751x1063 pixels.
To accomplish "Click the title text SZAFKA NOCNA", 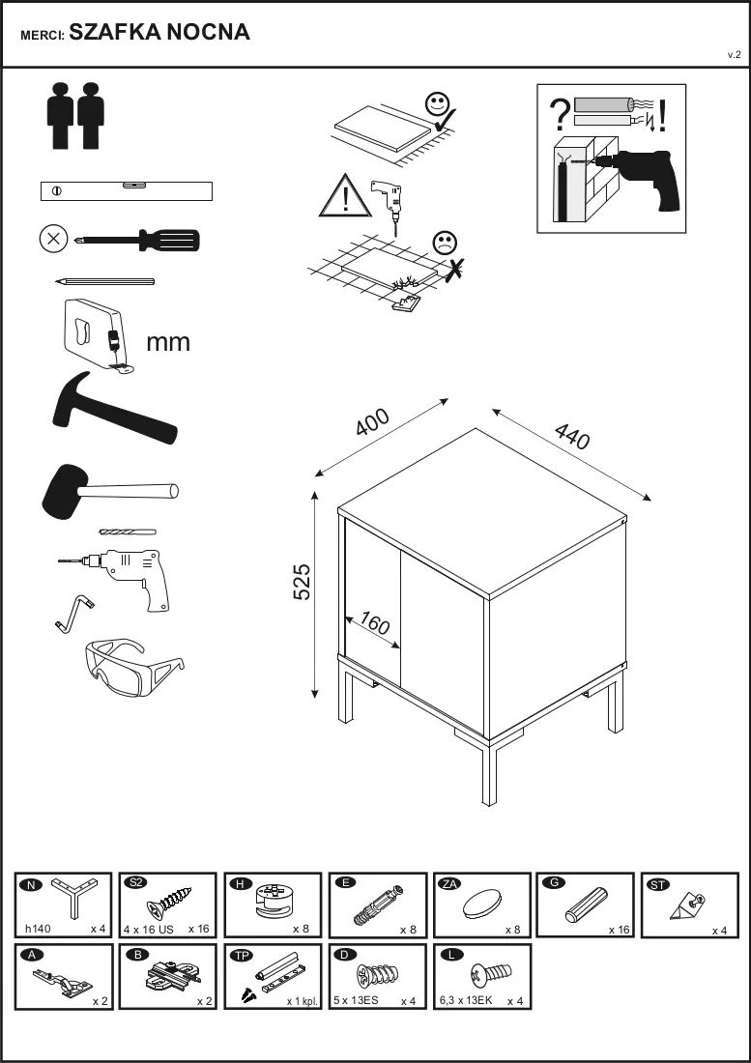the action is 159,32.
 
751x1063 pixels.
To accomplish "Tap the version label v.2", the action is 734,55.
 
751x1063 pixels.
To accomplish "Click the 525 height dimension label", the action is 302,581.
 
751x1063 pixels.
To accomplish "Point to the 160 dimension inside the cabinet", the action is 374,623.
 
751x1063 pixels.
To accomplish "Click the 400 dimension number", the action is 373,421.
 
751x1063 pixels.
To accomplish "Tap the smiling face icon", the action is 437,104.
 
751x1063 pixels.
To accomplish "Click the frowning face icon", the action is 445,243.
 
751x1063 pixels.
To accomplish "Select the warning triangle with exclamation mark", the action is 346,196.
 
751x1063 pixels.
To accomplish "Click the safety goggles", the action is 134,667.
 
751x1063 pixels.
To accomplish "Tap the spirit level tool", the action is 127,191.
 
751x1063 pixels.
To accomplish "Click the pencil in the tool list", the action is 105,280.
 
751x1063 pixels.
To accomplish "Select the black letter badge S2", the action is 135,882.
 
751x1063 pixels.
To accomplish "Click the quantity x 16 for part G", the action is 619,930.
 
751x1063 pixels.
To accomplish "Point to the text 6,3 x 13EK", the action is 466,1000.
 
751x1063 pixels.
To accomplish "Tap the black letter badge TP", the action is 241,955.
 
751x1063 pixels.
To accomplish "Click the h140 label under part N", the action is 38,929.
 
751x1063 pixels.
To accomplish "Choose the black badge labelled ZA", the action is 449,883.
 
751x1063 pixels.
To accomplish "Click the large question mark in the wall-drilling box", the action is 560,115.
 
